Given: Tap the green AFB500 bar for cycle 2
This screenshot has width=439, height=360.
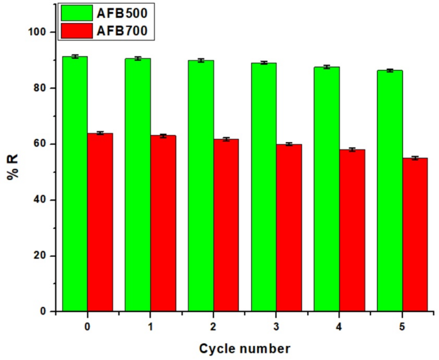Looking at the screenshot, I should click(201, 186).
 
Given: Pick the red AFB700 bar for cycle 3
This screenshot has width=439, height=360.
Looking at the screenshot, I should click(288, 227).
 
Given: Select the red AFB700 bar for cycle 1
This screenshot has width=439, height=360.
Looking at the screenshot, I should click(163, 224).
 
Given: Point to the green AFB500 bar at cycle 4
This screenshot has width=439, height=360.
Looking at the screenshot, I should click(326, 189).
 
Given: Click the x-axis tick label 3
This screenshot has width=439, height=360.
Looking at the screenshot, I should click(276, 327).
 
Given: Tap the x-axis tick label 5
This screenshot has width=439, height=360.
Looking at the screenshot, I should click(402, 327).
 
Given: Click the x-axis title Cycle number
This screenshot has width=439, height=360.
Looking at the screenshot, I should click(244, 348).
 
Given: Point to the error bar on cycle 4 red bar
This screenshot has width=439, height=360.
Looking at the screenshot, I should click(351, 149).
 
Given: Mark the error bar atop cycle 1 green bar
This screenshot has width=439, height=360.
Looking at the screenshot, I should click(138, 58).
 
